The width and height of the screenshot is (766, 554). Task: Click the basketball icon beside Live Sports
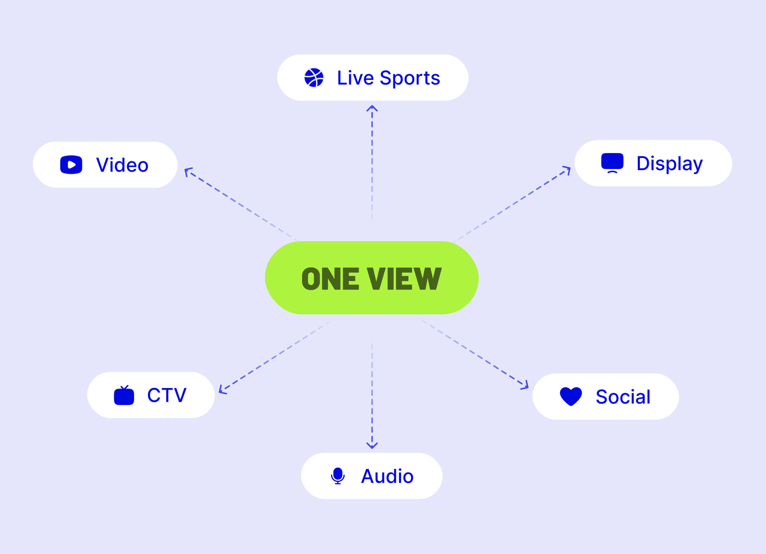point(313,78)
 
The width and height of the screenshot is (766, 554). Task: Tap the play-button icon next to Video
point(71,165)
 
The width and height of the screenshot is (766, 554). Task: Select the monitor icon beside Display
point(612,163)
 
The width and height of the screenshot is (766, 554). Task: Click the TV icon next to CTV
point(124,395)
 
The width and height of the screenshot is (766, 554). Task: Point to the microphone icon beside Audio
point(337,476)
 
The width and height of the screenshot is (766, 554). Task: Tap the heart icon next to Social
point(571,396)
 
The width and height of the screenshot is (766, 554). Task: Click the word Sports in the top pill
point(409,79)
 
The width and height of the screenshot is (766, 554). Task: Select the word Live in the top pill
point(355,78)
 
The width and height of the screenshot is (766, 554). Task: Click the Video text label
point(122,165)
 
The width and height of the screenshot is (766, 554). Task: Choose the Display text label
point(669,164)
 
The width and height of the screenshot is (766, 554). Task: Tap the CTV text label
point(167,395)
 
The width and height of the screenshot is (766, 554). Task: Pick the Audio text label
point(387,476)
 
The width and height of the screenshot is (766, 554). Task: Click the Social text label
point(623,397)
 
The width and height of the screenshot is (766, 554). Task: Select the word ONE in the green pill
point(331,279)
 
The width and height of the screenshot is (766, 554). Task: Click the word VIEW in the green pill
point(404,279)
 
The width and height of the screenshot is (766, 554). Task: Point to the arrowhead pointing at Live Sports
point(372,108)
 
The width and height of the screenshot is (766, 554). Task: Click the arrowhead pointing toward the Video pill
point(188,172)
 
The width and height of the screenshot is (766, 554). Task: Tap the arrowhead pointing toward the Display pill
point(567,170)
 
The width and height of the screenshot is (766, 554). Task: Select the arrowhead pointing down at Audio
point(372,445)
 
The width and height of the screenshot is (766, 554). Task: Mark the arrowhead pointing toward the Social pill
point(525,385)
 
